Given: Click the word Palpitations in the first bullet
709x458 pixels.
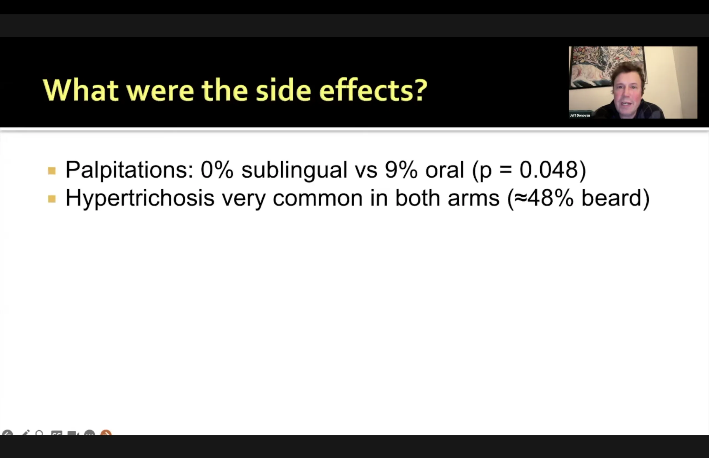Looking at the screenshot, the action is [130, 170].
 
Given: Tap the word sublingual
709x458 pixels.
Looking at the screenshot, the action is [294, 170].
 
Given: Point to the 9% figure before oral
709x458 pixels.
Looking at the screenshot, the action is [401, 170].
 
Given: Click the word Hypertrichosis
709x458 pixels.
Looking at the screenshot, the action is [140, 198].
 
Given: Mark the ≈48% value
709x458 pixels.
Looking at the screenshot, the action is [543, 198].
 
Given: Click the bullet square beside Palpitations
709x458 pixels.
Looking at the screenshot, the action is [52, 171].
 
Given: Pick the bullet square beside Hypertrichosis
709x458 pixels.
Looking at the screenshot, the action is [52, 199].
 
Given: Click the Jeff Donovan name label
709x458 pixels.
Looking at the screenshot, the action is [580, 115].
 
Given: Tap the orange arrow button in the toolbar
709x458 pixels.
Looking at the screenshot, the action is [106, 433].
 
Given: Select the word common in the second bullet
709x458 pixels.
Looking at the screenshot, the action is [318, 198].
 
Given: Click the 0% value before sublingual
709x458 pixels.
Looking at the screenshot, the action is [217, 170].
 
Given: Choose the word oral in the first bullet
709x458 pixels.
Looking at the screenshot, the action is [445, 170].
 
